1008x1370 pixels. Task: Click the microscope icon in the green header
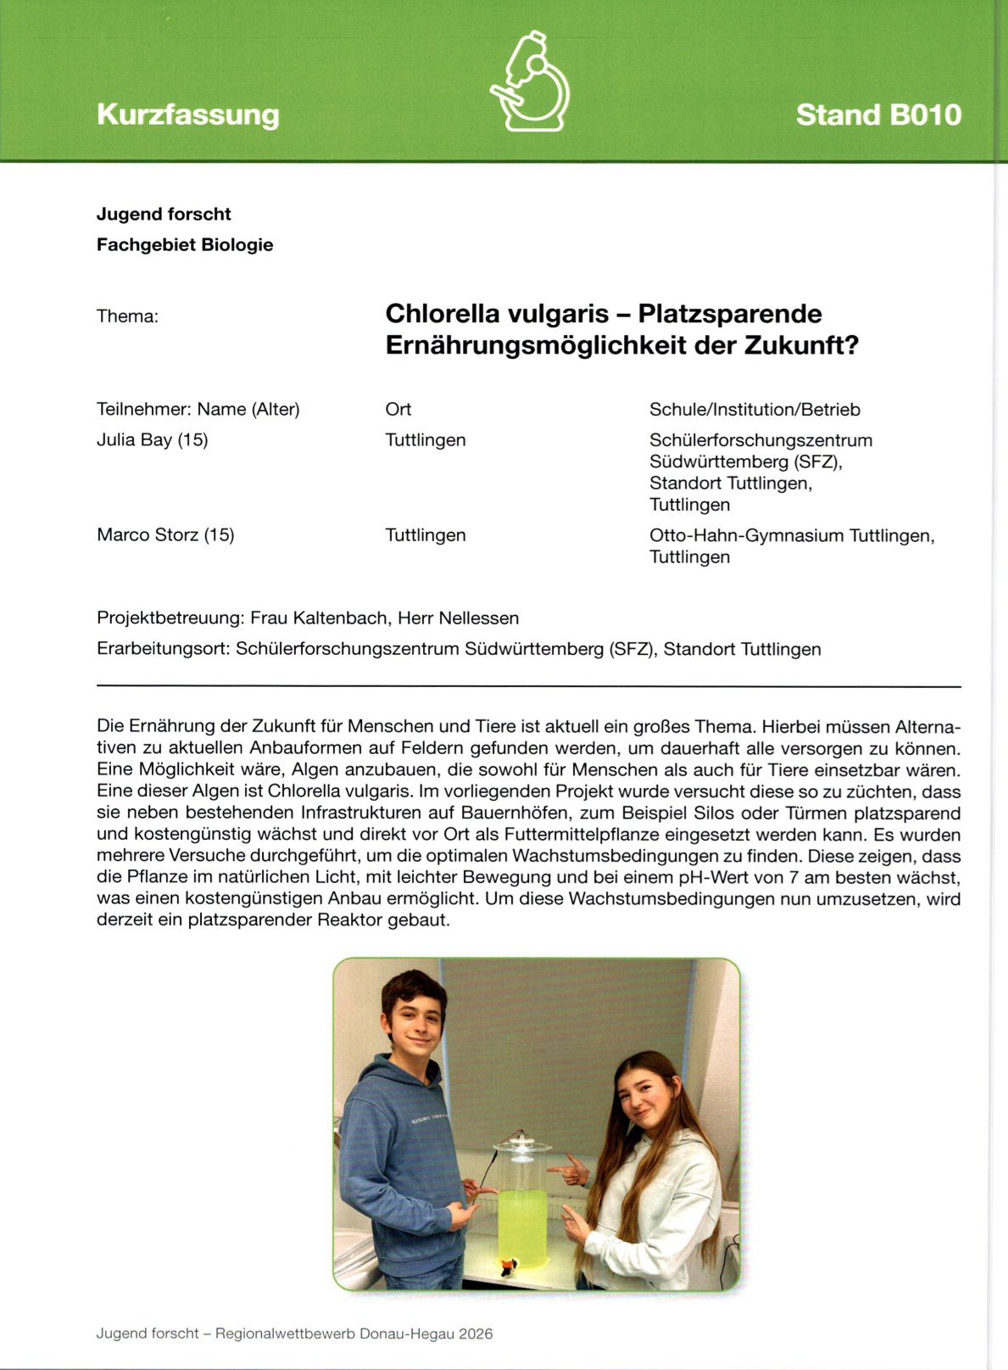coord(531,81)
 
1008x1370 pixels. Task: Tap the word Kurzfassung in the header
coord(187,115)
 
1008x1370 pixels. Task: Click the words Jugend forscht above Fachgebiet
coord(164,214)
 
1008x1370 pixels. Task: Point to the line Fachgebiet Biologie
coord(185,244)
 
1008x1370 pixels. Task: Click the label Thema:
coord(127,316)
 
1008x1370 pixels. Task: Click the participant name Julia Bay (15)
coord(153,439)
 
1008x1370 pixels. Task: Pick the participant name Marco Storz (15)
coord(165,535)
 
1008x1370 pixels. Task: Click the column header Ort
coord(398,409)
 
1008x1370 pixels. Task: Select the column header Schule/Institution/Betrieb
coord(755,409)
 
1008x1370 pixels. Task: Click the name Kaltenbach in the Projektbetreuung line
coord(337,618)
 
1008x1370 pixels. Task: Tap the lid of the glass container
coord(521,1144)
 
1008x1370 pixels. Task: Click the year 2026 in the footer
coord(475,1334)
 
